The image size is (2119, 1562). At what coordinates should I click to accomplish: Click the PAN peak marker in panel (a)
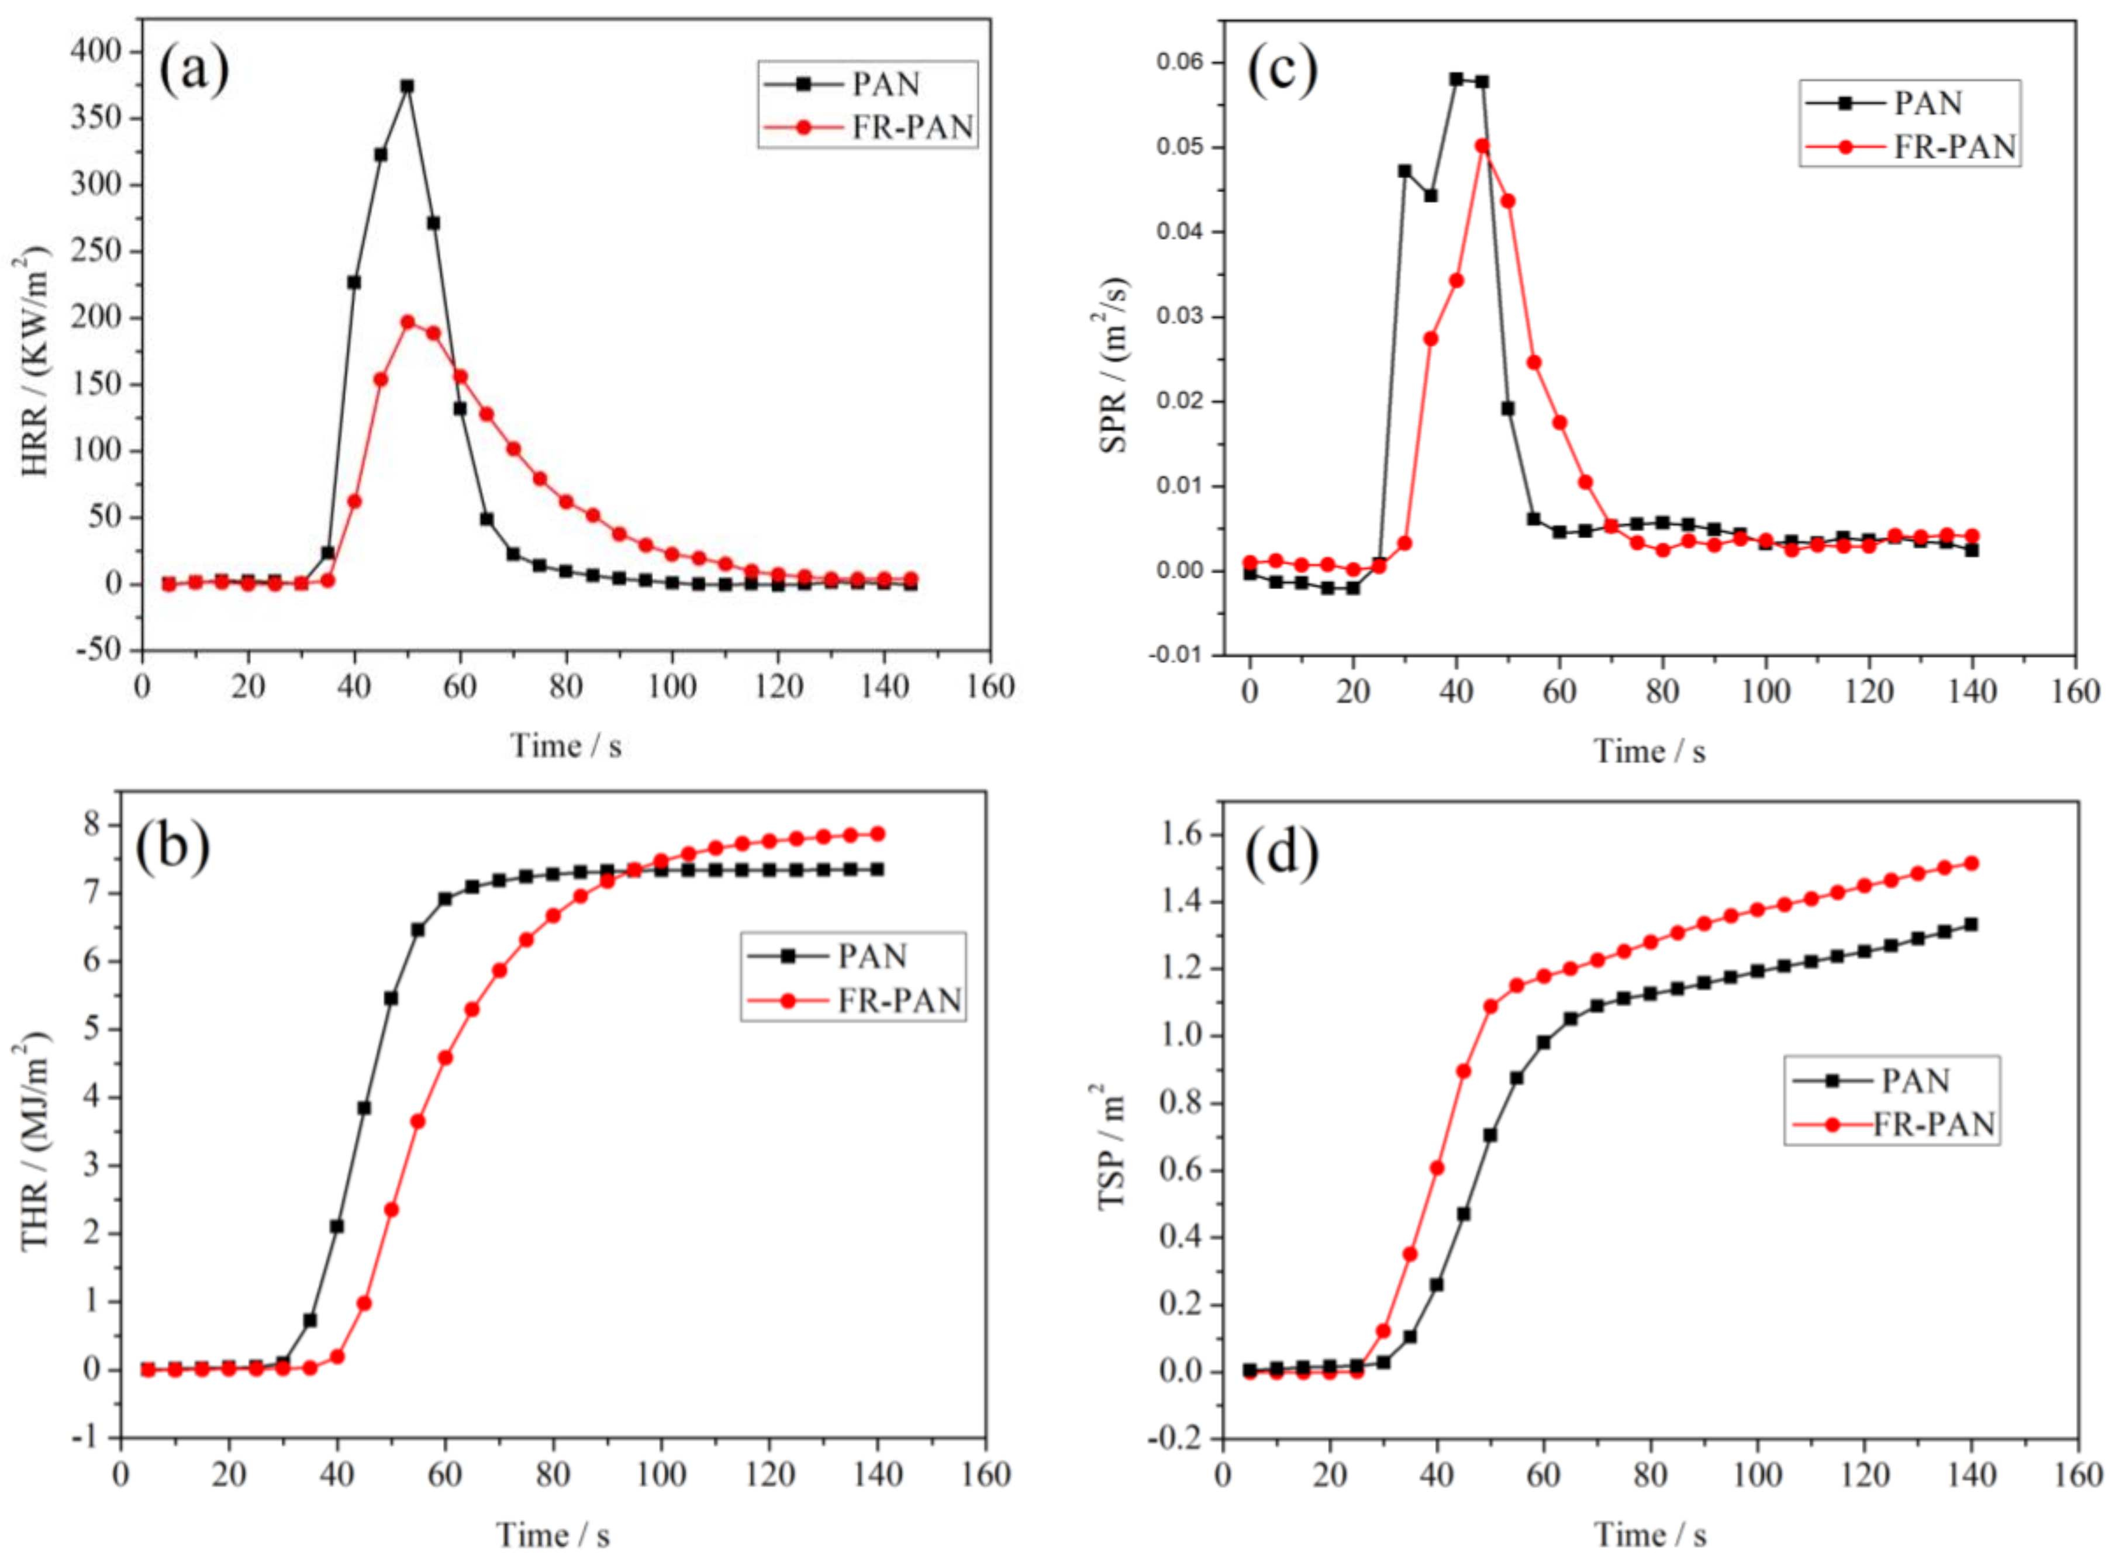tap(406, 86)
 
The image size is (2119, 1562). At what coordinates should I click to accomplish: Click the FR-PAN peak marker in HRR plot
tap(408, 323)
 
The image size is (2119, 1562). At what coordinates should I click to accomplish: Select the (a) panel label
tap(194, 70)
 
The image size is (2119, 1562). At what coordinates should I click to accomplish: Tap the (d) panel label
tap(1281, 854)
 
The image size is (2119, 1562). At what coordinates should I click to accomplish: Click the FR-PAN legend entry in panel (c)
tap(1954, 147)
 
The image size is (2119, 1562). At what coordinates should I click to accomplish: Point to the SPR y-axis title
tap(1115, 364)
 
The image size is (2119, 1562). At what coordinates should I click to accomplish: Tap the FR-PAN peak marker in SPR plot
tap(1482, 147)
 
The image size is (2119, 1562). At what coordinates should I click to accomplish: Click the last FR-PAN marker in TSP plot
tap(1970, 863)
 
